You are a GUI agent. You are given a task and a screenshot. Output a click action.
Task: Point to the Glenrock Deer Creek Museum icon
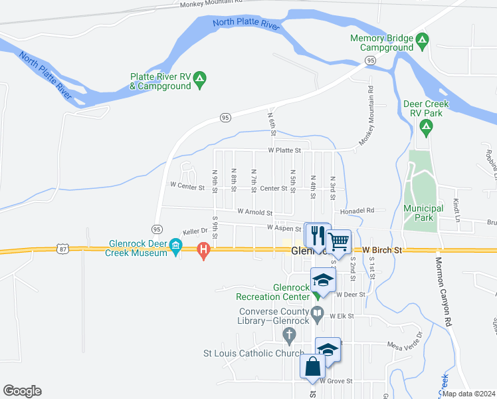point(176,247)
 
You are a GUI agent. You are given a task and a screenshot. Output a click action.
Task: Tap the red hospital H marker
point(204,250)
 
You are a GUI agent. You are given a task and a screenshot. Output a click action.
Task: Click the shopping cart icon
point(339,240)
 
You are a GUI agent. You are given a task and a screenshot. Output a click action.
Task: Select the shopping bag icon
point(312,366)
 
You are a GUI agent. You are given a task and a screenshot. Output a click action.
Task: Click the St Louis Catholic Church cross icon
point(288,334)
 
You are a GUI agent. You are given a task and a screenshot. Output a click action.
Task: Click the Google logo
point(22,391)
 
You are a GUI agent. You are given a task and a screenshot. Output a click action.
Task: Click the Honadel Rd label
point(357,210)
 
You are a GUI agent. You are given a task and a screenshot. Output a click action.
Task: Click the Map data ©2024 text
point(469,394)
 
